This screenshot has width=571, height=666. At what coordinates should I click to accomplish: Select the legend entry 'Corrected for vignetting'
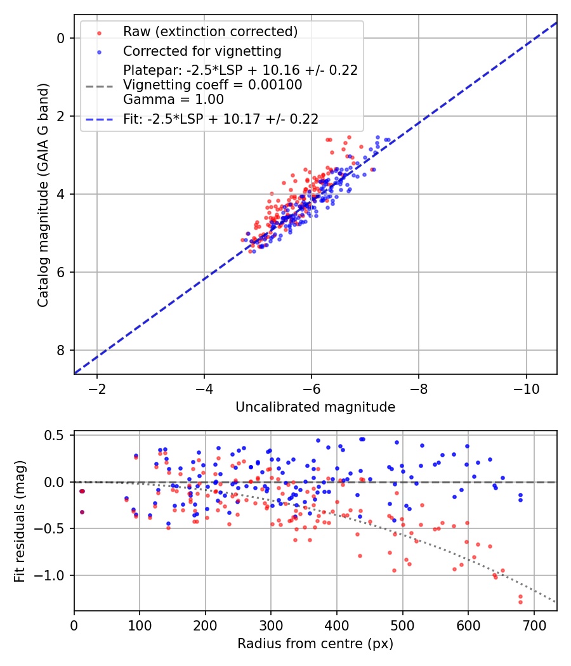click(x=202, y=51)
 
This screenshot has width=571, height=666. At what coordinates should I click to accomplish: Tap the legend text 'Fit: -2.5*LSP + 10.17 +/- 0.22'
click(x=220, y=119)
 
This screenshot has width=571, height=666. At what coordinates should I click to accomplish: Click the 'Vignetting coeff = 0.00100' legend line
click(x=213, y=85)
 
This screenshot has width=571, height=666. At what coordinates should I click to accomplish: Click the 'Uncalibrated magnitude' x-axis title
click(x=315, y=407)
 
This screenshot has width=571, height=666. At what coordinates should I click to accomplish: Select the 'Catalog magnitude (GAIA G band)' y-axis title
click(x=43, y=193)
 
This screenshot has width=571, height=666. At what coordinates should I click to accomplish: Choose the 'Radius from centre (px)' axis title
click(x=315, y=644)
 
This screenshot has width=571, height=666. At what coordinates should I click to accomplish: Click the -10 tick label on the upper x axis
click(x=526, y=388)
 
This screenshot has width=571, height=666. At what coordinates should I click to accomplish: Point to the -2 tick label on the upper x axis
click(x=97, y=388)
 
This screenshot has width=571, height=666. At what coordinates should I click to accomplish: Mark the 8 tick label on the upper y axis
click(x=61, y=350)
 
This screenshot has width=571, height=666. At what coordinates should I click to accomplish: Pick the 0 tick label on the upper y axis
click(x=61, y=38)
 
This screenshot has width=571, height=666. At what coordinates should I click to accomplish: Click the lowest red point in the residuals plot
click(x=520, y=601)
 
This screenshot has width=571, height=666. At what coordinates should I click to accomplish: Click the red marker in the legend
click(x=99, y=32)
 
